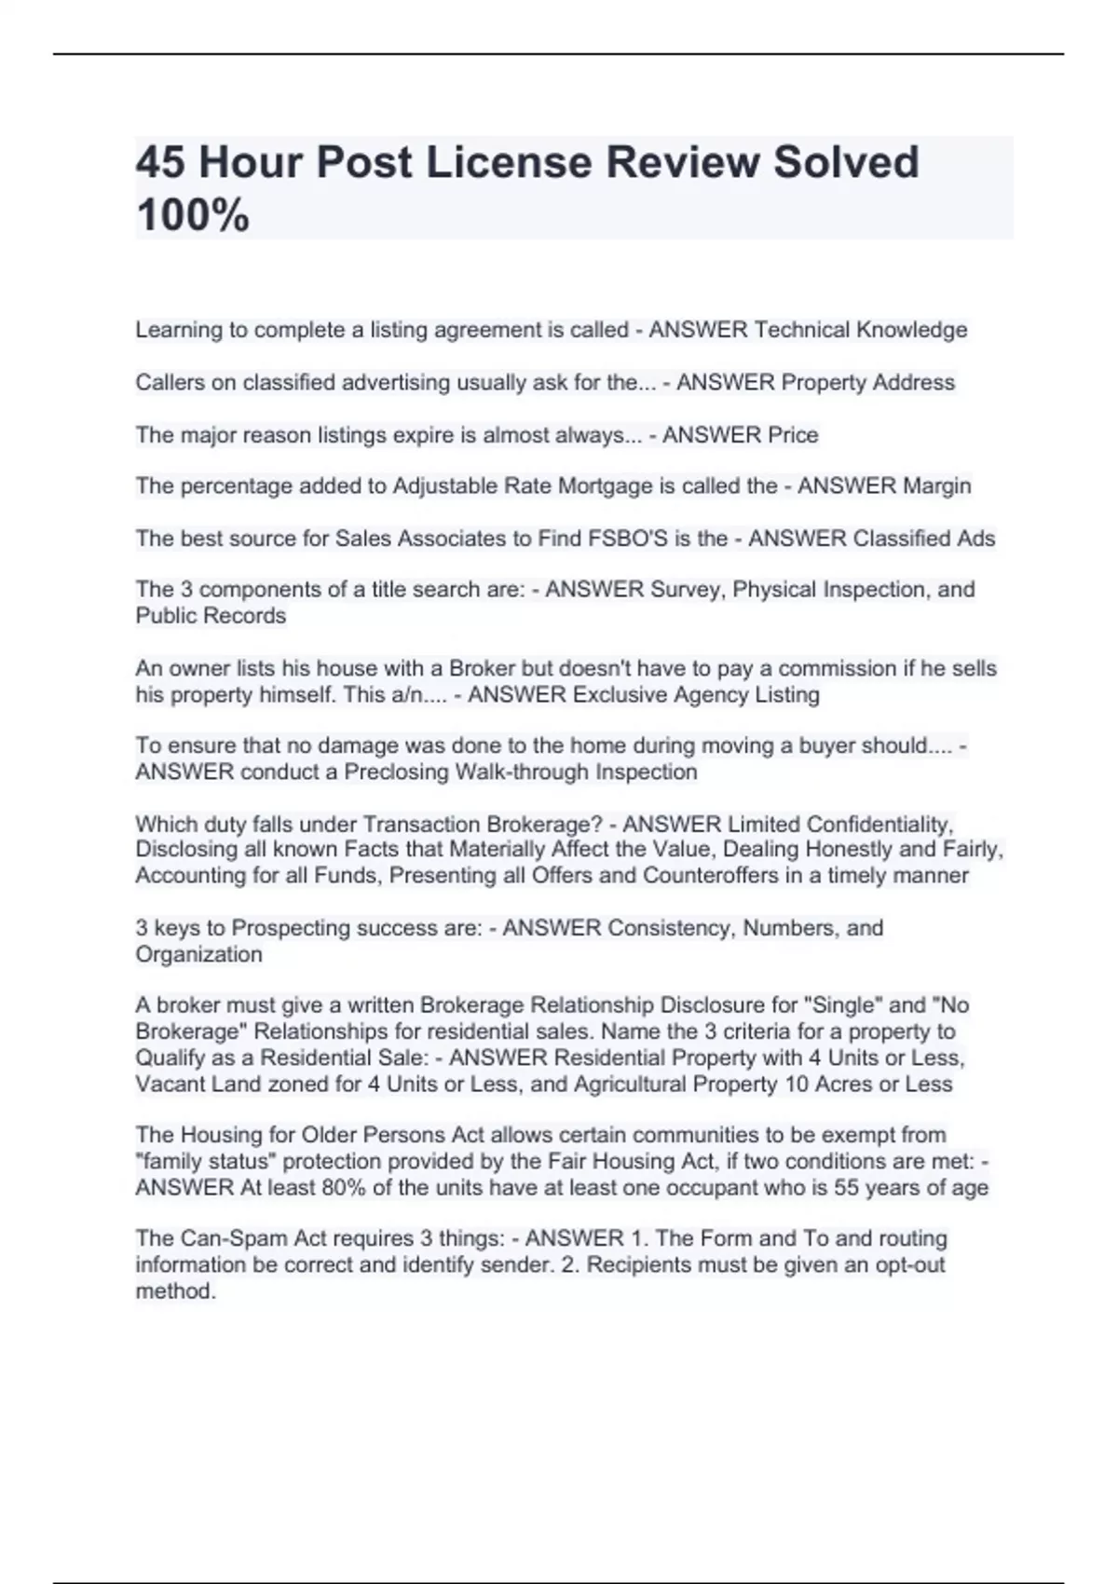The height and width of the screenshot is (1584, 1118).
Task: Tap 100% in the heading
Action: pos(193,215)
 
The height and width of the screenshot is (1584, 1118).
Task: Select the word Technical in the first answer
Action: pos(801,330)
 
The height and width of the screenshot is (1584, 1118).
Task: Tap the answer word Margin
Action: pos(931,485)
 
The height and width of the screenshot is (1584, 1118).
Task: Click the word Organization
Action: pos(198,954)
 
